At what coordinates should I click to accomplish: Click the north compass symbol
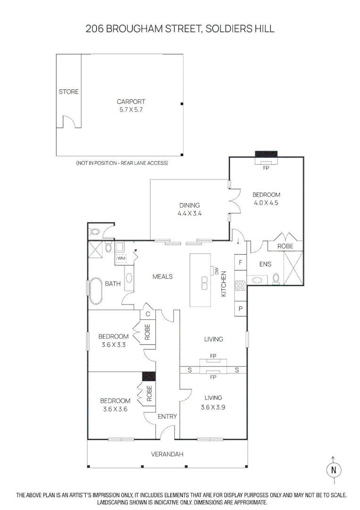pos(334,469)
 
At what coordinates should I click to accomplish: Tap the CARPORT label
pos(131,101)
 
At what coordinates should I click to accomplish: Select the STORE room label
pos(68,92)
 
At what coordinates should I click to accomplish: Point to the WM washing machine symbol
pos(121,258)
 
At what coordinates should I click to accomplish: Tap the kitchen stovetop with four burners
pos(240,285)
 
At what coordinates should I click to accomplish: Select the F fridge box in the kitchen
pos(240,262)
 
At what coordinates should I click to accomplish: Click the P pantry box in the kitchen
pos(240,308)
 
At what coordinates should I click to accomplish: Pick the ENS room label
pos(265,264)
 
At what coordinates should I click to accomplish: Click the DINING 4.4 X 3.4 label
pos(189,209)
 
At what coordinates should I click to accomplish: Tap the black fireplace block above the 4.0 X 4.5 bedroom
pos(266,153)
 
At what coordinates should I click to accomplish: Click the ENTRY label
pos(167,416)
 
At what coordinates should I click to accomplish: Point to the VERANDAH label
pos(167,454)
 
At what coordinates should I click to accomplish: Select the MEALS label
pos(162,277)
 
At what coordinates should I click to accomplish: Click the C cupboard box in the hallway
pos(148,314)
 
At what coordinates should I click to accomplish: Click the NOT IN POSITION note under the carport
pos(122,163)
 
